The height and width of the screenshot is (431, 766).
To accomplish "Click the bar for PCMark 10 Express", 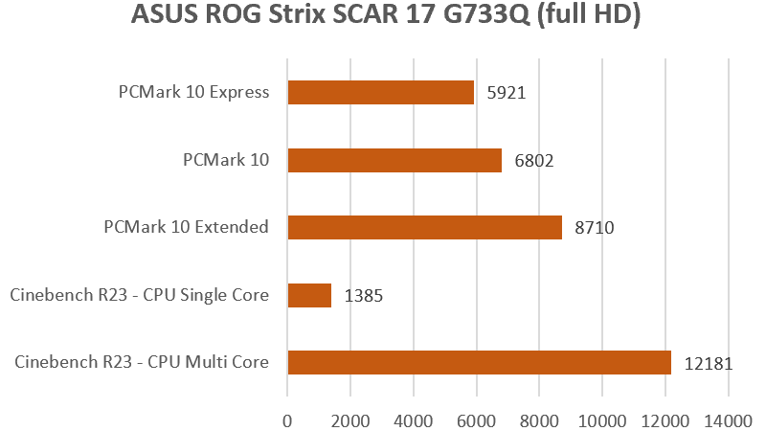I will pyautogui.click(x=380, y=92).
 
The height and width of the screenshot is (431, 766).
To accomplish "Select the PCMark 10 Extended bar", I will pyautogui.click(x=424, y=227).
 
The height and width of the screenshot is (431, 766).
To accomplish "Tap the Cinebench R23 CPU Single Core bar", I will pyautogui.click(x=309, y=295).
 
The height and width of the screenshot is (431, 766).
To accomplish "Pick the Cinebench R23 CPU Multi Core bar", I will pyautogui.click(x=479, y=362).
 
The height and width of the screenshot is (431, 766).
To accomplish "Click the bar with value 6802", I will pyautogui.click(x=394, y=160).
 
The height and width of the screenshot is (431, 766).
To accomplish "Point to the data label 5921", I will pyautogui.click(x=507, y=93).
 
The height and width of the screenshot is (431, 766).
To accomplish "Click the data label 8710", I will pyautogui.click(x=595, y=228).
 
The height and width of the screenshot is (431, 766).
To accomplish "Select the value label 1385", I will pyautogui.click(x=364, y=296).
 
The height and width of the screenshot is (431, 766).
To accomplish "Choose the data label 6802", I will pyautogui.click(x=534, y=161).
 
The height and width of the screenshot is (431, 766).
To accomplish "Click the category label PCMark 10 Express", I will pyautogui.click(x=192, y=93).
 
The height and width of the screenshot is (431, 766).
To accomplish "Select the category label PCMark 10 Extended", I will pyautogui.click(x=186, y=227).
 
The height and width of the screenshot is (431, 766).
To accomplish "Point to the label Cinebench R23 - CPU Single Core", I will pyautogui.click(x=139, y=295).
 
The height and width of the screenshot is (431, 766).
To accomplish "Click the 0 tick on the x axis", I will pyautogui.click(x=287, y=419).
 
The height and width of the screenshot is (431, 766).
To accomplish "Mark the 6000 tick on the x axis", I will pyautogui.click(x=476, y=419).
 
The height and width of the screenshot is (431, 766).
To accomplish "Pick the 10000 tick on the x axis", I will pyautogui.click(x=602, y=419).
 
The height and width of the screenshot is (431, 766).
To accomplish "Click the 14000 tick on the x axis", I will pyautogui.click(x=729, y=419).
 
